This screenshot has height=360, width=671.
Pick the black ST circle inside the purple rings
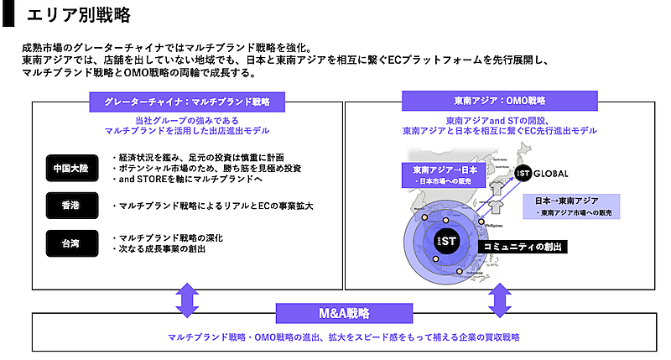445,239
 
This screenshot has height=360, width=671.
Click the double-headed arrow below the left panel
186,297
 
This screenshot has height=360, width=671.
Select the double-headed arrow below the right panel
500,297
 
